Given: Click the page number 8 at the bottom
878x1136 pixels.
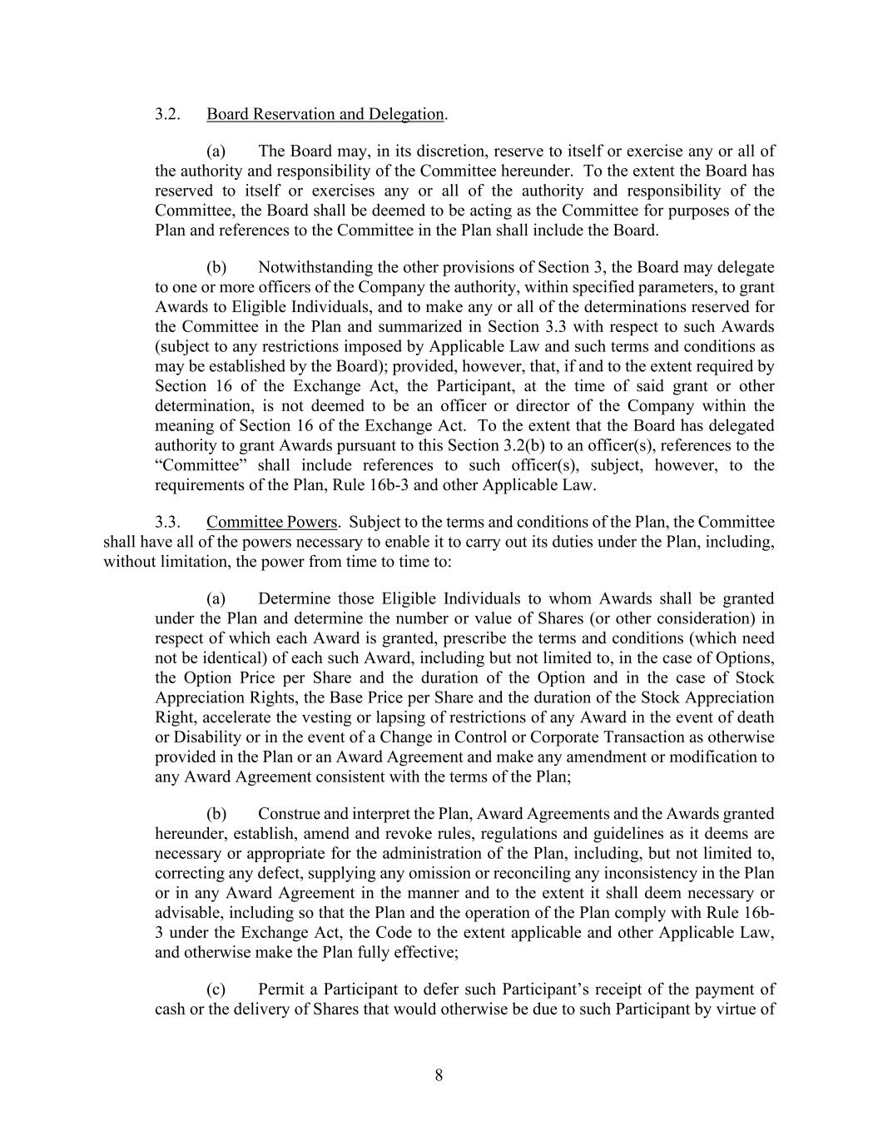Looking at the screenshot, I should (x=439, y=1075).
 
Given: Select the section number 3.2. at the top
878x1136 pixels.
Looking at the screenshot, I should (x=168, y=114).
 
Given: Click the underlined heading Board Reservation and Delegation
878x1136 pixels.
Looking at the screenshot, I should (x=325, y=114).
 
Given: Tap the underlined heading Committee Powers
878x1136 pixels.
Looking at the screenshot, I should (x=271, y=523).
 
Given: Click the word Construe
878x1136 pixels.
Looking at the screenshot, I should (x=288, y=814).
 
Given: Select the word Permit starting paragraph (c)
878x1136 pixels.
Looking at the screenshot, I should (x=280, y=990).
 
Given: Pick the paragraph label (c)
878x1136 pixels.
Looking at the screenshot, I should (x=216, y=990).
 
